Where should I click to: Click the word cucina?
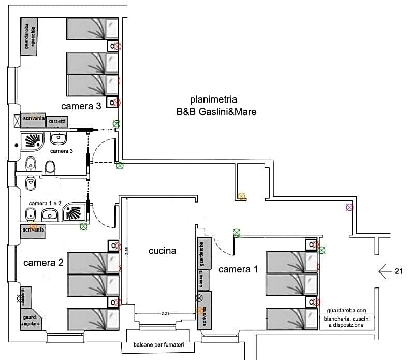pyautogui.click(x=162, y=251)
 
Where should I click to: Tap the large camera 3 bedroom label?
pyautogui.click(x=81, y=106)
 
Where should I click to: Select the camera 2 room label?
pyautogui.click(x=43, y=263)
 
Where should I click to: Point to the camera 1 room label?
pyautogui.click(x=238, y=269)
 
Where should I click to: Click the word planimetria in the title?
pyautogui.click(x=213, y=99)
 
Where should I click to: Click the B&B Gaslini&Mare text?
pyautogui.click(x=216, y=111)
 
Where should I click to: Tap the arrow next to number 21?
pyautogui.click(x=386, y=270)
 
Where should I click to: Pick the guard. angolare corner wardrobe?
pyautogui.click(x=30, y=320)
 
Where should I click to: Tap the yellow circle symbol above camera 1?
pyautogui.click(x=241, y=196)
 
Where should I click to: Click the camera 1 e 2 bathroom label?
pyautogui.click(x=45, y=203)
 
